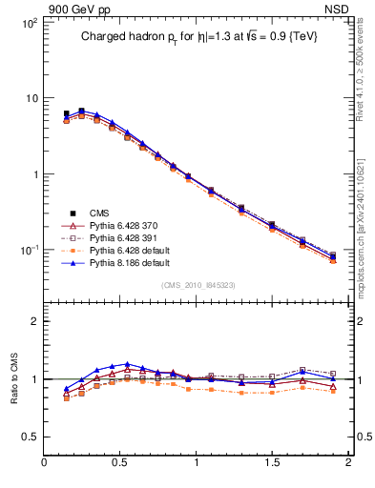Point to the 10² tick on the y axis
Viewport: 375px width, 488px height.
coord(28,21)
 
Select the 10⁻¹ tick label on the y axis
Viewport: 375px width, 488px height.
coord(28,250)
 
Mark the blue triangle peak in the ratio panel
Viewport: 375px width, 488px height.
coord(127,364)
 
